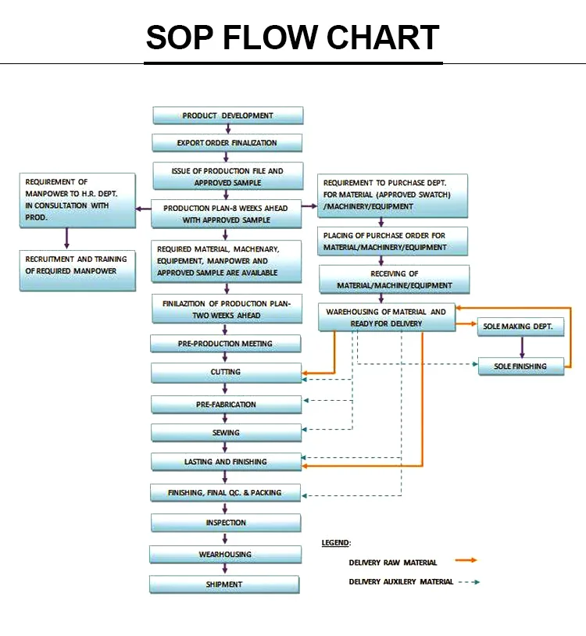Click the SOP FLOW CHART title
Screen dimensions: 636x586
(293, 38)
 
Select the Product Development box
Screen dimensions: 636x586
(227, 116)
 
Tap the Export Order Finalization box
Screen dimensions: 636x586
(227, 143)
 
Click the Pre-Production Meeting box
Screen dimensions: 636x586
(225, 344)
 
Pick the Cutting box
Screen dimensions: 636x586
(226, 372)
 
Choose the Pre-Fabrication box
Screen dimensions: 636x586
(226, 405)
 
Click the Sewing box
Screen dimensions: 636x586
(226, 433)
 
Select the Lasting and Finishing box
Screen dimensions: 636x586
(226, 462)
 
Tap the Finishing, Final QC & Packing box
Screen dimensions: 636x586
(225, 493)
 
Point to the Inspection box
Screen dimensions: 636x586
(226, 523)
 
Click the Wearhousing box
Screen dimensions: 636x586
(225, 554)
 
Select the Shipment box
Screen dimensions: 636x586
(224, 584)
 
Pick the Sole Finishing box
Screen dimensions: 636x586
(521, 366)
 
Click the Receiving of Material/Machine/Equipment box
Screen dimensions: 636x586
(395, 279)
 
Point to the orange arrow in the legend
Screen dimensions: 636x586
(466, 560)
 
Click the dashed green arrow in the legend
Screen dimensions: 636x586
(468, 582)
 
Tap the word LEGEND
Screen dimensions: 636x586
(336, 542)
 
